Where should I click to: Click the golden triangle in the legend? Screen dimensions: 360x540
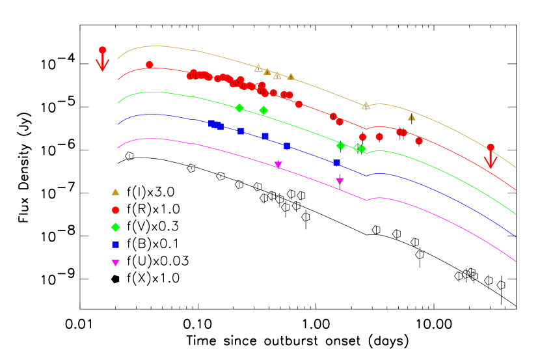115,192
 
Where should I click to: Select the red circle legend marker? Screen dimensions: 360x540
115,210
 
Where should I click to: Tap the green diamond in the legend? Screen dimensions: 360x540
115,227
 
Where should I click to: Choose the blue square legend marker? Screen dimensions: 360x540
115,245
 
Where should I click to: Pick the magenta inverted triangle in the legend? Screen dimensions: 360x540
115,263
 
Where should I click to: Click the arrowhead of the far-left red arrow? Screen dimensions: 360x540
102,68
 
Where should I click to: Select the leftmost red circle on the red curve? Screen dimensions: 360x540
149,64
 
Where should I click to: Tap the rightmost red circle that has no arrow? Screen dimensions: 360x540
419,141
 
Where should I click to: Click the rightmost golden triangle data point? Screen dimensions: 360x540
411,117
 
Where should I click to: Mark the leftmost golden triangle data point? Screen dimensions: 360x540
258,68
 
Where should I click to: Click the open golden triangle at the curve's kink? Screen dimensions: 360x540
366,105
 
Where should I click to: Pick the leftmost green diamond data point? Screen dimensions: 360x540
239,108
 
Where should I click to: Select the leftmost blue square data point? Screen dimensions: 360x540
211,123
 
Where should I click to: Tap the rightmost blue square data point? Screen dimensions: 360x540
336,163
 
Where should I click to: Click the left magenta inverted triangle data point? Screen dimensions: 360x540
278,165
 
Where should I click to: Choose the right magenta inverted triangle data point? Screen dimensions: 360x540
340,181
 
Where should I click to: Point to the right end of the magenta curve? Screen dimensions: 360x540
516,262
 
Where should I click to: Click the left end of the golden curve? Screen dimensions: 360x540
118,59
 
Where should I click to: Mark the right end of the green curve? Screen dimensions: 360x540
516,214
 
